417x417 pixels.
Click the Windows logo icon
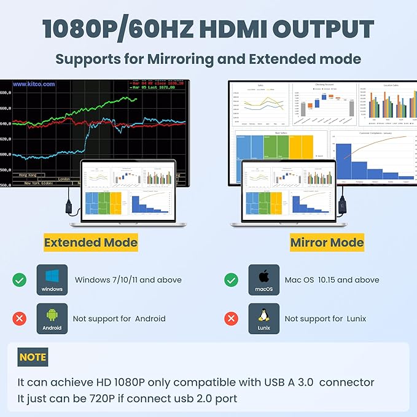(52, 276)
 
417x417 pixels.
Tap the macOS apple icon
(264, 276)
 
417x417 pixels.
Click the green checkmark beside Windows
(20, 280)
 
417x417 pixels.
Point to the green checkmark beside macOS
(232, 280)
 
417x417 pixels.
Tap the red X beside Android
(20, 319)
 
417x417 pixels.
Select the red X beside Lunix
(232, 319)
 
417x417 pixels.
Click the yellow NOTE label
(33, 357)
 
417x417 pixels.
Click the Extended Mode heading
(90, 243)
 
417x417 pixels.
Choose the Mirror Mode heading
(327, 243)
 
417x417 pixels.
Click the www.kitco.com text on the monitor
(34, 84)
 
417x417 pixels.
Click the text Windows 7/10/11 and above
(128, 280)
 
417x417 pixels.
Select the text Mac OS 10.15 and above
(332, 280)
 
